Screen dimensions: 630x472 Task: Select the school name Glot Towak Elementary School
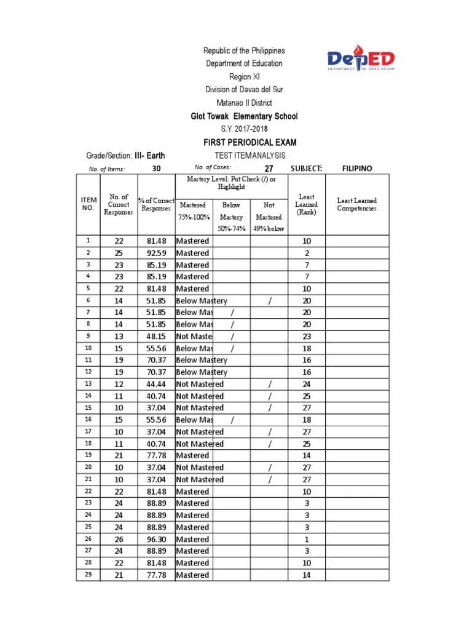pyautogui.click(x=244, y=116)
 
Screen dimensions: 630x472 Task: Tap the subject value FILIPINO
pyautogui.click(x=357, y=169)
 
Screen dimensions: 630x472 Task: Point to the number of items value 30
pyautogui.click(x=156, y=169)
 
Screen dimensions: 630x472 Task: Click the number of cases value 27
pyautogui.click(x=269, y=169)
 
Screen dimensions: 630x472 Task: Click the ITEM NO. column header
pyautogui.click(x=88, y=204)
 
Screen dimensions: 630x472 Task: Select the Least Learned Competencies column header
pyautogui.click(x=356, y=204)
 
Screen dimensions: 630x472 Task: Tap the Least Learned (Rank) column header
pyautogui.click(x=306, y=204)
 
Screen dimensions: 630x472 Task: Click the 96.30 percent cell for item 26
pyautogui.click(x=156, y=539)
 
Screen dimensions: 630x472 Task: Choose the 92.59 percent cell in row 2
pyautogui.click(x=156, y=253)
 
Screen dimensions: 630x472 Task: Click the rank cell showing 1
pyautogui.click(x=307, y=539)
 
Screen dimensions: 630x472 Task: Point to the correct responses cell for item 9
pyautogui.click(x=119, y=337)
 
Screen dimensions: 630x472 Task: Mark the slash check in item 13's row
pyautogui.click(x=269, y=384)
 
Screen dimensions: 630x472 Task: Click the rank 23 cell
pyautogui.click(x=307, y=337)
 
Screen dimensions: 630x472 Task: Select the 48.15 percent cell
pyautogui.click(x=156, y=337)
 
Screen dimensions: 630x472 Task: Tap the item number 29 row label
pyautogui.click(x=88, y=575)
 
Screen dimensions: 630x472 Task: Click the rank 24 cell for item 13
pyautogui.click(x=307, y=384)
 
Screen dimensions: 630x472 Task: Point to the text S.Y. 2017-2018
pyautogui.click(x=244, y=129)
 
